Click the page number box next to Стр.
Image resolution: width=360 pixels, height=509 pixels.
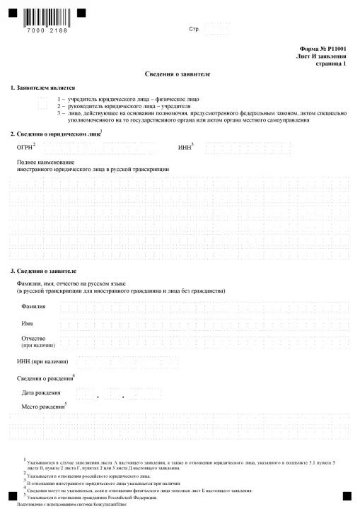pos(216,29)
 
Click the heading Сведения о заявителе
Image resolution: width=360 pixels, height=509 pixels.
pos(179,74)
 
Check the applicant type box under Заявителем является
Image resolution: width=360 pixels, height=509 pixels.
pos(42,103)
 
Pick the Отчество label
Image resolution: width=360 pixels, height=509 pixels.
pos(35,339)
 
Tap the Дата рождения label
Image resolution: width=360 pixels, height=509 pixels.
pos(41,392)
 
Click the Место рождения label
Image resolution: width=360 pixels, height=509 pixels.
pos(42,408)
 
